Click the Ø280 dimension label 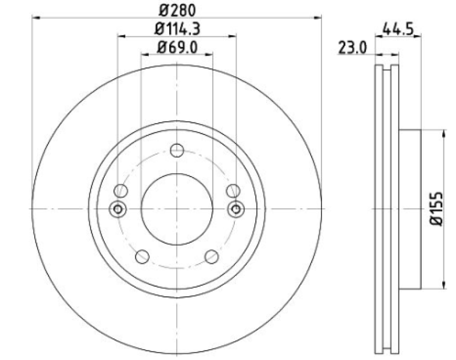177,10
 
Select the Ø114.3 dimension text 177,29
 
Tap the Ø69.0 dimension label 177,47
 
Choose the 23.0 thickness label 352,48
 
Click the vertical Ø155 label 436,208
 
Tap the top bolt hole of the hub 177,150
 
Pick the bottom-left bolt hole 142,257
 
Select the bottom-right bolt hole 211,256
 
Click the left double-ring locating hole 118,209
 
